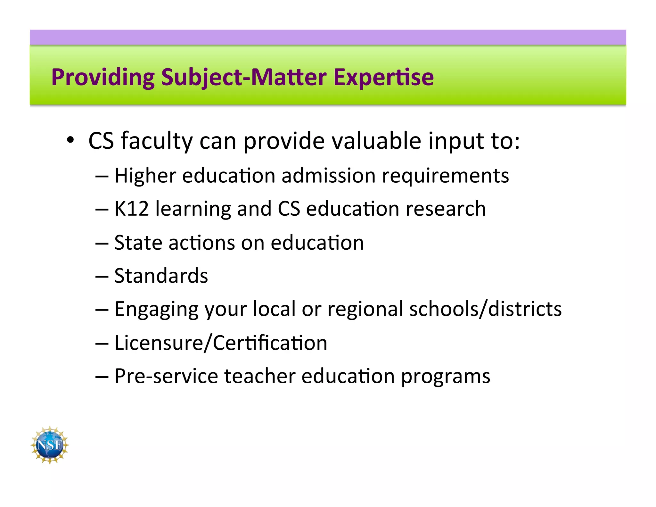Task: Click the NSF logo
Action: point(50,445)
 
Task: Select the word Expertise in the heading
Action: point(383,78)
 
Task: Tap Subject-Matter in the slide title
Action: point(244,78)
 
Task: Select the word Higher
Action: point(145,176)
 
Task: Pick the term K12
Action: point(132,209)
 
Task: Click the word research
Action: point(446,209)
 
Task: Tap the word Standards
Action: point(161,276)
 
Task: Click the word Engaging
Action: point(156,309)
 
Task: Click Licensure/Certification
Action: point(221,343)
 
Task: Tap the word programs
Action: point(446,376)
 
